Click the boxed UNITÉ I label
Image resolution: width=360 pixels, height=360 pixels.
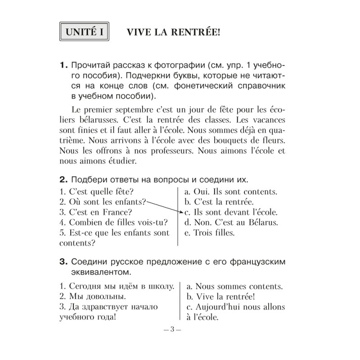click(85, 32)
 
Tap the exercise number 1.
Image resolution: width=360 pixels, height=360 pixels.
click(63, 66)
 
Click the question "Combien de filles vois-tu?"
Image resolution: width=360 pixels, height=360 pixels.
click(113, 222)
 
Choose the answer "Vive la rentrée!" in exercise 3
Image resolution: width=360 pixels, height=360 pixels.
click(220, 297)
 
